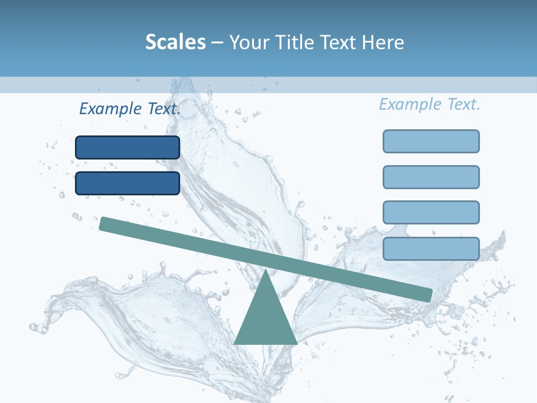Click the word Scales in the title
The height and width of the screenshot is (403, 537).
tap(175, 42)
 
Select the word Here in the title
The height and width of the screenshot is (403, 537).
tap(383, 42)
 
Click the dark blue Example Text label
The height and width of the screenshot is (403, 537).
tap(129, 109)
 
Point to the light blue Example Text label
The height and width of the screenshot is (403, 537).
tap(430, 104)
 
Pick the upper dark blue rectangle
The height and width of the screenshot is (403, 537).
tap(128, 147)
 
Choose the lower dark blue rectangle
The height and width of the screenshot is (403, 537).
tap(128, 183)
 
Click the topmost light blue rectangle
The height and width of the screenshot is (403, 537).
tap(431, 141)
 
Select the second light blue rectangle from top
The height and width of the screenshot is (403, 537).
tap(431, 177)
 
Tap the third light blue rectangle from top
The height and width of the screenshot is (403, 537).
tap(431, 213)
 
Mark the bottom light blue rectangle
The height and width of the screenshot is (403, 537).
tap(431, 249)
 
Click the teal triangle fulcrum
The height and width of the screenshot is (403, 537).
tap(266, 319)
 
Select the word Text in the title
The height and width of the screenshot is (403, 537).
tap(337, 42)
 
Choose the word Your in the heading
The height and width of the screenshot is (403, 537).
tap(249, 42)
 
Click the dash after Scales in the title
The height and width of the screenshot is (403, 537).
tap(218, 43)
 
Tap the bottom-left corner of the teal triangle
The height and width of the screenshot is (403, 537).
tap(235, 343)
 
